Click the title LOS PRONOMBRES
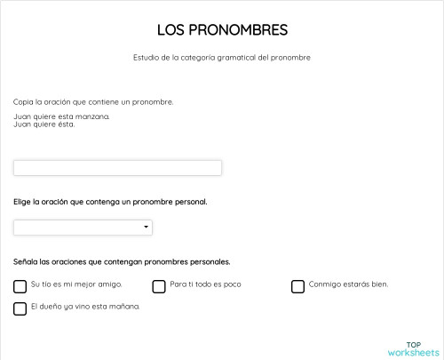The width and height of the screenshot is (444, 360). coord(222,30)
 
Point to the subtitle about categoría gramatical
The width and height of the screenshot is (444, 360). coord(222,58)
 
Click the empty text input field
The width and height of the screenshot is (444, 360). coord(117,168)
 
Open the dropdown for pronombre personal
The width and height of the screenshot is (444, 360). coord(83,228)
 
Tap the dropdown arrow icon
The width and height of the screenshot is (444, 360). coord(147,228)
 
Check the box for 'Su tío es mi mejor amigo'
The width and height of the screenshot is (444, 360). coord(20,286)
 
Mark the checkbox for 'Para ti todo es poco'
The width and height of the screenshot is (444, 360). coord(159,286)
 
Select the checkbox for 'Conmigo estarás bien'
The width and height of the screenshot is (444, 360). coord(297,286)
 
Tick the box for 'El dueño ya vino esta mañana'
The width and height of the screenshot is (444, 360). coord(20,308)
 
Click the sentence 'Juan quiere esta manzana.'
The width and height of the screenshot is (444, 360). coord(62,116)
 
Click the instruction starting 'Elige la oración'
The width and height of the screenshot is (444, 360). coord(110,202)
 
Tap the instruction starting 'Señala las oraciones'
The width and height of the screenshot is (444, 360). coord(122,261)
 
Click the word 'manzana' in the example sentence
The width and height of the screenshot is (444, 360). coord(94,116)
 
